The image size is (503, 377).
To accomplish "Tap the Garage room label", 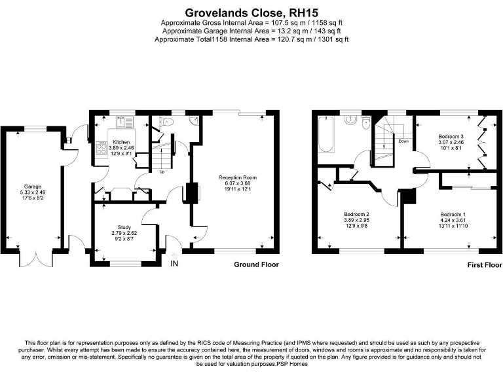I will (x=33, y=186).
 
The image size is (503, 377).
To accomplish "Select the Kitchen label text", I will (x=121, y=142).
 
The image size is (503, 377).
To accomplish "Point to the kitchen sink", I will (x=120, y=121).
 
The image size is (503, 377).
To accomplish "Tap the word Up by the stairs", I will (x=162, y=172).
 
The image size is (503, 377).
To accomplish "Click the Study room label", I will (x=124, y=227).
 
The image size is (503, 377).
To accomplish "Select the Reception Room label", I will (x=238, y=177).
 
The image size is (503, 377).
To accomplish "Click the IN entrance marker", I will (x=174, y=264).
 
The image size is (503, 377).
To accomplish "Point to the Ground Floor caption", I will (x=256, y=264).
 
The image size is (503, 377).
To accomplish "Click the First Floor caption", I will (x=484, y=264).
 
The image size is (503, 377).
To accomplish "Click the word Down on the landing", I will (x=404, y=141).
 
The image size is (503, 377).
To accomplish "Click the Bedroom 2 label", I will (x=357, y=215).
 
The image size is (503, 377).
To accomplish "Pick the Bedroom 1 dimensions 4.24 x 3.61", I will (x=453, y=221).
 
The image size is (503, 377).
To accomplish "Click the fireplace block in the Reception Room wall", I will (x=192, y=193).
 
